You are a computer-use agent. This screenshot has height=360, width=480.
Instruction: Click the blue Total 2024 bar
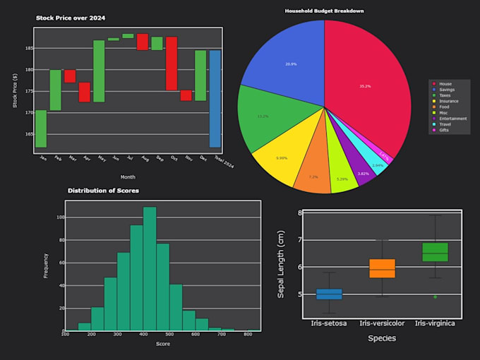[215, 99]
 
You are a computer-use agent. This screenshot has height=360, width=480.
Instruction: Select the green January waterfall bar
[41, 128]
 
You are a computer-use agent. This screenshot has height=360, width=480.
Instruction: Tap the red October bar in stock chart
[172, 64]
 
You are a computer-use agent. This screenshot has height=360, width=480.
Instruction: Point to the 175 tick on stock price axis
[29, 91]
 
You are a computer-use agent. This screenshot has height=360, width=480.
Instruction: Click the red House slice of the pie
[367, 85]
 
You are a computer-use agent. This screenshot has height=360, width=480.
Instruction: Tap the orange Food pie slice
[313, 176]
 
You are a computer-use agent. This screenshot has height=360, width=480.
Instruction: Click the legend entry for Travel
[446, 124]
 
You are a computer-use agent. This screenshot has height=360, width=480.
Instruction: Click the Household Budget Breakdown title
[324, 11]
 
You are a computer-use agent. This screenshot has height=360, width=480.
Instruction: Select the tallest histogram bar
[150, 268]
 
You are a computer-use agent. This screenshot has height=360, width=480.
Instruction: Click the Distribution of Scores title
[103, 191]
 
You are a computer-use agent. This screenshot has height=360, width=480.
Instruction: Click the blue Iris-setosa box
[328, 294]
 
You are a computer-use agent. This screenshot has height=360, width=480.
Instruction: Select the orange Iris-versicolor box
[382, 268]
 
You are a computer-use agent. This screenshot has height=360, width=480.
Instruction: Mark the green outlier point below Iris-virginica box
[435, 297]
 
